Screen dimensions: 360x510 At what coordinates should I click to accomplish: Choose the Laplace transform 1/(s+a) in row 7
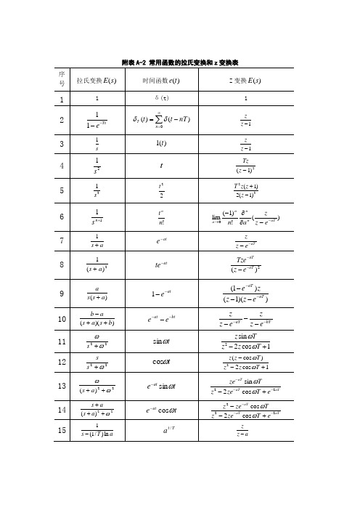pyautogui.click(x=92, y=257)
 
